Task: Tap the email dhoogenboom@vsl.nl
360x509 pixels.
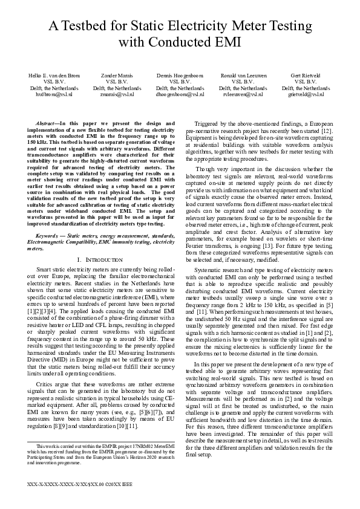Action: pos(180,95)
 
